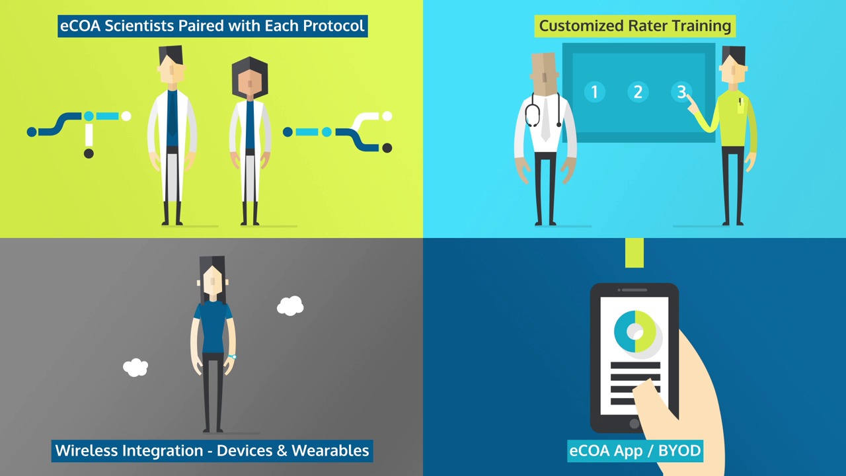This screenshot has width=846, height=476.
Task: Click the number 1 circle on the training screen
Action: coord(594,92)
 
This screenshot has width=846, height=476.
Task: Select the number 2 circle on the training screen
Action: coord(638,92)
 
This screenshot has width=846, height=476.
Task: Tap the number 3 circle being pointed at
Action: coord(681,92)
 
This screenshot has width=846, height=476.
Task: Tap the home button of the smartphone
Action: coord(634,424)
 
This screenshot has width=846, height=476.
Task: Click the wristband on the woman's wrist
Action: coord(232,356)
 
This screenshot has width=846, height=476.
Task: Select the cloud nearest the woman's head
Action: coord(290,305)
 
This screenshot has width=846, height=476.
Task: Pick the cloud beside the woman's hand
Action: coord(135,368)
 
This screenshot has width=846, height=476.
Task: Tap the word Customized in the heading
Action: coord(582,26)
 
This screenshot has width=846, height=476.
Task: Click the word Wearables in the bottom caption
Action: coord(330,450)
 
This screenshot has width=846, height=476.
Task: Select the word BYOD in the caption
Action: coord(679,450)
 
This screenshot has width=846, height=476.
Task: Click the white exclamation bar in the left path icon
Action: coord(89,134)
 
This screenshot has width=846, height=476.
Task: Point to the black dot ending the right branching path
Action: coord(387,147)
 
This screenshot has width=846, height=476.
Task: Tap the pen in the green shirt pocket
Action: coord(740,102)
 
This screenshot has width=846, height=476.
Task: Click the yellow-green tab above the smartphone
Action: coord(634,253)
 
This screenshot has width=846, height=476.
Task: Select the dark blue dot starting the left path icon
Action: coord(32,132)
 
